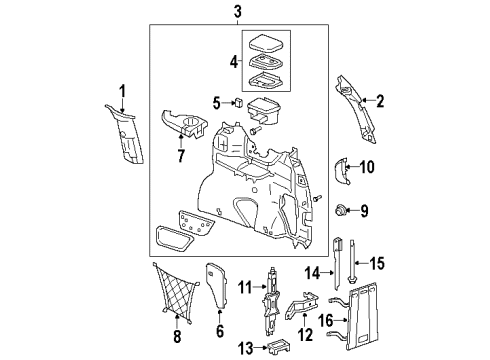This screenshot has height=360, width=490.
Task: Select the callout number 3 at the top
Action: click(x=236, y=12)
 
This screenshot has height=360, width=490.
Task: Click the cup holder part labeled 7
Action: click(x=188, y=127)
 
